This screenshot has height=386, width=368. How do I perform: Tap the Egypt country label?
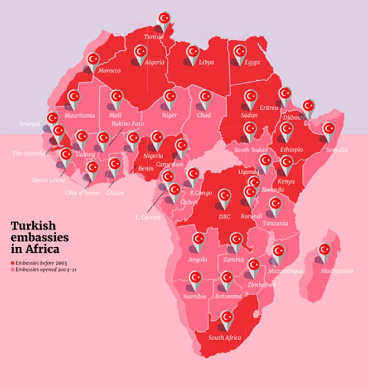coord(252,62)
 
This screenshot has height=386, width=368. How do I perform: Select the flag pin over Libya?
coord(193,52)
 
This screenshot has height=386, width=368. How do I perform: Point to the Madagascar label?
coord(337,271)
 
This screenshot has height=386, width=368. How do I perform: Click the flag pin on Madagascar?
coord(324,250)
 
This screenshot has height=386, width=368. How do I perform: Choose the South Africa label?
coord(225,338)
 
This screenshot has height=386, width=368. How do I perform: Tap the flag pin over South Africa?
coord(227,317)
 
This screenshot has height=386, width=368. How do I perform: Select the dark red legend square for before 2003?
coord(13,263)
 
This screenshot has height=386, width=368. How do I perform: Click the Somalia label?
coord(337,150)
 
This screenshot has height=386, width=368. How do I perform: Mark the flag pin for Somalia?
coord(329,129)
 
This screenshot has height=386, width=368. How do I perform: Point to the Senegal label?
coord(29,124)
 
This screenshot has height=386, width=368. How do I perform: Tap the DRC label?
coord(224,217)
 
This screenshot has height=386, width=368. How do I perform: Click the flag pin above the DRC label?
coord(225,196)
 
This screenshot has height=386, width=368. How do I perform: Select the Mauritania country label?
coord(79,115)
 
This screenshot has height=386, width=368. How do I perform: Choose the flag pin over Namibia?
coord(195,278)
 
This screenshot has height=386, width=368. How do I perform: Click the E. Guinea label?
coord(148,218)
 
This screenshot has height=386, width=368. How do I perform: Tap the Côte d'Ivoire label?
coord(82,193)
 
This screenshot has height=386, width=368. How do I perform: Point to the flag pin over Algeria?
coord(141,52)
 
